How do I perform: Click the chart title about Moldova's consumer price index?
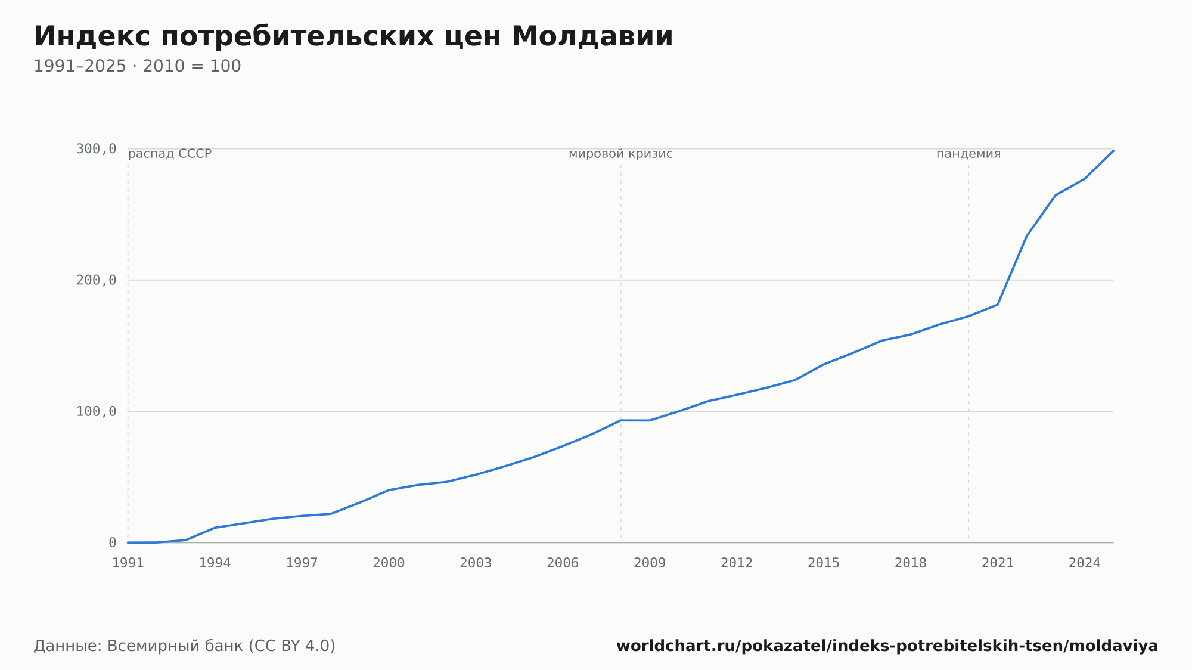coord(353,36)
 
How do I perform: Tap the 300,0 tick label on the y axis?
coord(96,149)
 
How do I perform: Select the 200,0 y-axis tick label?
coord(96,280)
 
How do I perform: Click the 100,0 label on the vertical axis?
coord(96,411)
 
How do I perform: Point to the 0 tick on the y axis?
coord(112,542)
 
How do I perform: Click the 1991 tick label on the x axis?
coord(128,563)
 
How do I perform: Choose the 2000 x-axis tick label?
coord(389,563)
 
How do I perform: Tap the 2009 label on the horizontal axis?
coord(650,563)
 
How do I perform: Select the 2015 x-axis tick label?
coord(824,563)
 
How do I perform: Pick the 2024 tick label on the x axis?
coord(1085,563)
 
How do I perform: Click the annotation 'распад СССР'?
coord(170,154)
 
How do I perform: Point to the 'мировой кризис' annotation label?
coord(620,154)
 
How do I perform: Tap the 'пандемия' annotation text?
coord(968,154)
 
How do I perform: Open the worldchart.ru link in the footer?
coord(887,646)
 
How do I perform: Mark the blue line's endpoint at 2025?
coord(1113,150)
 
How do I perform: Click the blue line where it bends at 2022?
coord(1026,236)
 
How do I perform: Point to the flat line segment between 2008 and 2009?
coord(635,420)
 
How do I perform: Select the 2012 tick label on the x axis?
coord(737,563)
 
